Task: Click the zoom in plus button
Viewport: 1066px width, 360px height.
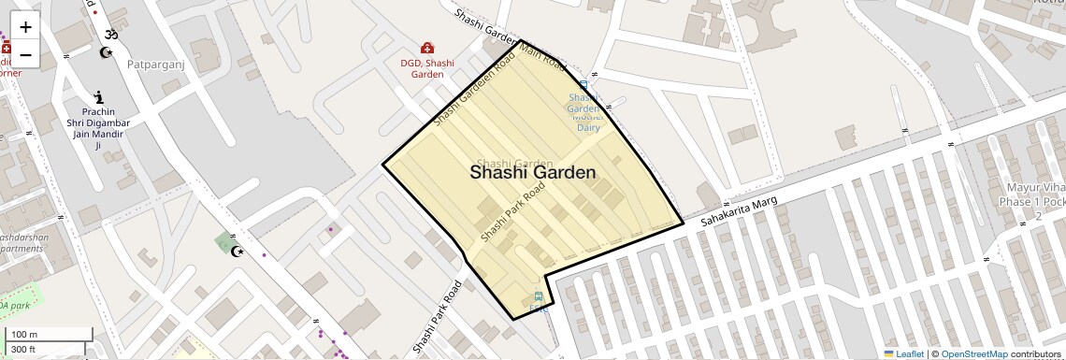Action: tap(25, 28)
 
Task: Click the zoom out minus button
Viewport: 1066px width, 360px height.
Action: tap(25, 54)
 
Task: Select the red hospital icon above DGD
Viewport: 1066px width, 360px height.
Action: tap(427, 48)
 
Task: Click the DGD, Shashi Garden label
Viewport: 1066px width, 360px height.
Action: tap(427, 68)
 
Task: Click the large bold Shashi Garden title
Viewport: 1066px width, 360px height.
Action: tap(532, 173)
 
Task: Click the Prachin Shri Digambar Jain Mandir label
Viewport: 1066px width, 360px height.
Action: tap(99, 128)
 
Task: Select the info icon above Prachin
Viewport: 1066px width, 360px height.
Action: tap(99, 96)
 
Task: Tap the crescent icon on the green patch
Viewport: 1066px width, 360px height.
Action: tap(237, 251)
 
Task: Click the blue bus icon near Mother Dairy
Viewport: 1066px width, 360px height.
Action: tap(583, 85)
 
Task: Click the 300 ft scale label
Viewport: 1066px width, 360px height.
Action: tap(23, 350)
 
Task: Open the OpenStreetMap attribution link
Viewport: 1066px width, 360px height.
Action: tap(973, 354)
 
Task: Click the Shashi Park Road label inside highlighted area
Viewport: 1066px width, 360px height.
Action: tap(512, 214)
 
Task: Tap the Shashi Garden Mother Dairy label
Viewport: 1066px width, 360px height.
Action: tap(586, 111)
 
